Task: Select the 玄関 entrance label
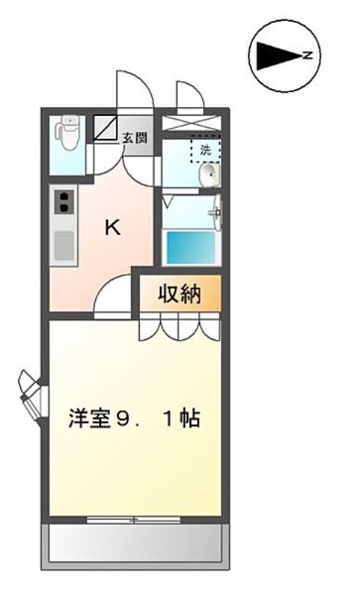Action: click(135, 138)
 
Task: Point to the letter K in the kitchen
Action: click(112, 228)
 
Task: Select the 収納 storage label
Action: click(179, 295)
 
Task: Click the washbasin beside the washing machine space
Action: click(210, 176)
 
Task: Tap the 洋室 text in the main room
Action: click(86, 419)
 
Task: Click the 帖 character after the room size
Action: click(190, 419)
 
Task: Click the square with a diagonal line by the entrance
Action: click(106, 127)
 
